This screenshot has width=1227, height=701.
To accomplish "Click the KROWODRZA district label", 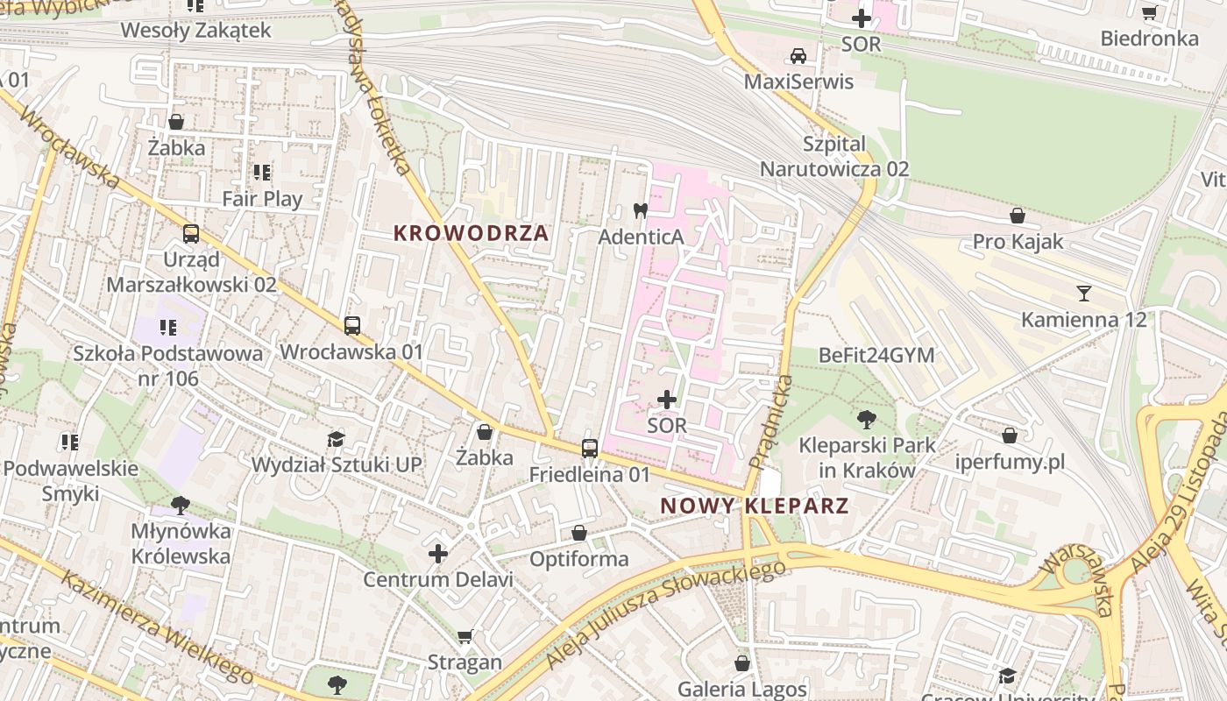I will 471,233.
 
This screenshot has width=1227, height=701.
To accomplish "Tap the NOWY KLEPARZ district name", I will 754,506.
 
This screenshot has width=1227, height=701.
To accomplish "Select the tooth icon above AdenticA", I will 640,210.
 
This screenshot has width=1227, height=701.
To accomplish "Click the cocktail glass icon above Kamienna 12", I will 1084,293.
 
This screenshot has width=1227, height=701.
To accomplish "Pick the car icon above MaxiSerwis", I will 798,56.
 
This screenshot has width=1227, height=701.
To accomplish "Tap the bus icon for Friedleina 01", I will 590,449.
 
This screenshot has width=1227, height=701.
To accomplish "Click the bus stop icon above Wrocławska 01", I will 351,326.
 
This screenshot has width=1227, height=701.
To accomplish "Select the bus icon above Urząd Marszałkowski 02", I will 190,234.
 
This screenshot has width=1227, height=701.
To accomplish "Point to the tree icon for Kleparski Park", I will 867,419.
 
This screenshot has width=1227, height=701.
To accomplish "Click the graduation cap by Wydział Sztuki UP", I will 336,439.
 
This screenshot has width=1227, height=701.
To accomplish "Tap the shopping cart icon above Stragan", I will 465,636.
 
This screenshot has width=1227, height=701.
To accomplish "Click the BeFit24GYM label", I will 876,355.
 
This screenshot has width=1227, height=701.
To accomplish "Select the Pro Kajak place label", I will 1018,241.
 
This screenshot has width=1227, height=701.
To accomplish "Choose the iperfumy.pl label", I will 1010,462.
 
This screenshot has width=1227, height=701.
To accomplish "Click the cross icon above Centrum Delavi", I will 438,554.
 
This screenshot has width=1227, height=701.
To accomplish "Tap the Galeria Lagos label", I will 742,690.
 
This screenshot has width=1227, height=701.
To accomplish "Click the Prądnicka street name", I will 770,421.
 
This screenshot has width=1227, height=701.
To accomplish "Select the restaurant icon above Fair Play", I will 261,173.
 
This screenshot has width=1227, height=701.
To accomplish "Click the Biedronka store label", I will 1149,39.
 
